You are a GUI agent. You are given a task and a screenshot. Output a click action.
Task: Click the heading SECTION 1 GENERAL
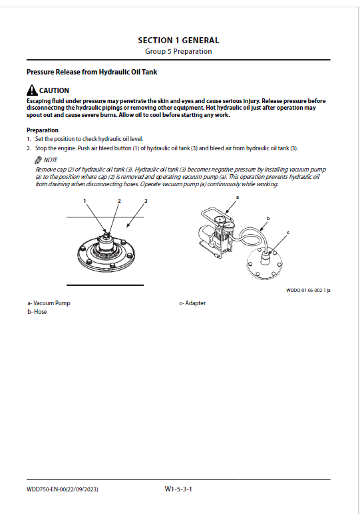click(178, 41)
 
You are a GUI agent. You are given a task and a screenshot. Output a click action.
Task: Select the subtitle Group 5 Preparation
click(178, 51)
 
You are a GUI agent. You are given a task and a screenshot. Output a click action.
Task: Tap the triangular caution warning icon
click(32, 90)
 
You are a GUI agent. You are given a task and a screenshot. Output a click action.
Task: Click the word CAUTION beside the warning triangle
click(54, 90)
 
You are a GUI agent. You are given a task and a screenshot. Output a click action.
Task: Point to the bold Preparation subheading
click(43, 130)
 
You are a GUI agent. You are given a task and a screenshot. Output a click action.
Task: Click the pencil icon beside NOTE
click(38, 160)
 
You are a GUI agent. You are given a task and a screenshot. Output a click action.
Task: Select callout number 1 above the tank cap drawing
click(85, 201)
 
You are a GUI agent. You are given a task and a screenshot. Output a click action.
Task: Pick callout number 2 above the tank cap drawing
click(119, 201)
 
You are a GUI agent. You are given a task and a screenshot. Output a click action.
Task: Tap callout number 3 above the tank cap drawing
click(146, 201)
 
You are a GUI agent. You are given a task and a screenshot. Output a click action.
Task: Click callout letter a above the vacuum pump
click(238, 197)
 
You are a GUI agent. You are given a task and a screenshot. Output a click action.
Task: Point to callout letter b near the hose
click(268, 218)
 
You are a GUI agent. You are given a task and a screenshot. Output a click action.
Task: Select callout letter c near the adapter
click(288, 233)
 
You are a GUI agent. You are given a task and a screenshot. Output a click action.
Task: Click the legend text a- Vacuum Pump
click(49, 303)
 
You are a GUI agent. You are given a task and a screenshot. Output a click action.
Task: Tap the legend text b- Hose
click(37, 312)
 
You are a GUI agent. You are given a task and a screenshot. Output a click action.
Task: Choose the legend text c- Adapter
click(192, 303)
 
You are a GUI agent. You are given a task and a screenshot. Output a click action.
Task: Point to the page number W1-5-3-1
click(178, 489)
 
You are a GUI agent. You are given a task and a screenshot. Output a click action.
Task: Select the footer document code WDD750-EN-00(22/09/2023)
click(63, 489)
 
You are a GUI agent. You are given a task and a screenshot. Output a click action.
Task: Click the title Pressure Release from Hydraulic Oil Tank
click(92, 72)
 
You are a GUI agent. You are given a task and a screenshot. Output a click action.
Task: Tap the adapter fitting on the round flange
click(264, 259)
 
